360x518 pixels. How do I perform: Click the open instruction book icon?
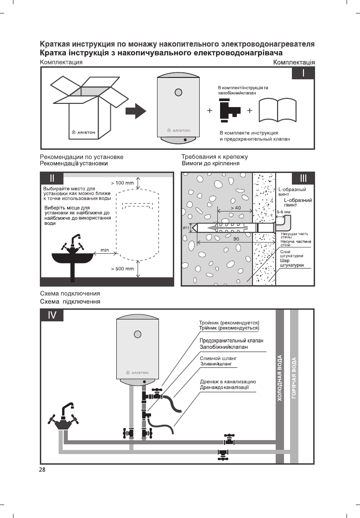278,112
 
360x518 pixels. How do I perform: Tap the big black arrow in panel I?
136,111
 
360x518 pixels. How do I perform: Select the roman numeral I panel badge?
303,74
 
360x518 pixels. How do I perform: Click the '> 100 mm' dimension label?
122,183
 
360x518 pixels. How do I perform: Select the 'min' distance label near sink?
105,250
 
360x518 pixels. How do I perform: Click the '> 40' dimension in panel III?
235,208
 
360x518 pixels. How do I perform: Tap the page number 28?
42,470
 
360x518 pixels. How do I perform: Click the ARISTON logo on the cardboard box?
83,132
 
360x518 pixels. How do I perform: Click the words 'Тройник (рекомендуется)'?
228,322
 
